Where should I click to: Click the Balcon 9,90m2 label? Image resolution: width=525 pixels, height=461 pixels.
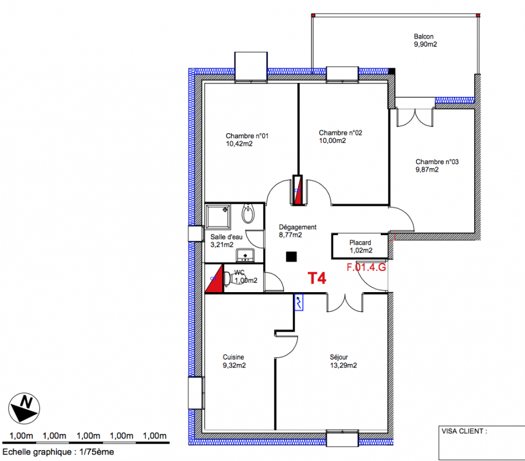[425, 40]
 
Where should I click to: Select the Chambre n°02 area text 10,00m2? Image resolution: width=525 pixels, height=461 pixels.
[332, 141]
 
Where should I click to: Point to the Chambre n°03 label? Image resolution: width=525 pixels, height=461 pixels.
[437, 165]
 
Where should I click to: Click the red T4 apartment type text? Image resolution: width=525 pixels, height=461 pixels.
[317, 278]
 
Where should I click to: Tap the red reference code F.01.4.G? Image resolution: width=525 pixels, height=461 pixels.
[366, 267]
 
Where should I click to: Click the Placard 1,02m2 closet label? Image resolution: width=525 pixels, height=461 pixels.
[361, 247]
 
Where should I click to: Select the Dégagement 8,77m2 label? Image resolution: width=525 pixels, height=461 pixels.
[297, 231]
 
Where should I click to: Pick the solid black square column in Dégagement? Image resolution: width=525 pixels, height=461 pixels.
[291, 256]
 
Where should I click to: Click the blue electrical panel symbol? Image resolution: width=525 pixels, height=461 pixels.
[299, 303]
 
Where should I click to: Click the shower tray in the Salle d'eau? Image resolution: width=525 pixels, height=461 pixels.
[218, 217]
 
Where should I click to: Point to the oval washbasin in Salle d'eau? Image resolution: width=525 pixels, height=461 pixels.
[248, 213]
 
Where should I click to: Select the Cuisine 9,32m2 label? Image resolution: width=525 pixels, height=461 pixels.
[234, 361]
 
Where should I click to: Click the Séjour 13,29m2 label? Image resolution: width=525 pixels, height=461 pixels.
[343, 361]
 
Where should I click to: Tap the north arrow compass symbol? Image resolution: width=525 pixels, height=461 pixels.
[24, 409]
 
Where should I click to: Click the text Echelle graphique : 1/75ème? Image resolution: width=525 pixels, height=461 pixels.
[58, 452]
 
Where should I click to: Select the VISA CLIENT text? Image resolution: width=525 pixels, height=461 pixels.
[464, 431]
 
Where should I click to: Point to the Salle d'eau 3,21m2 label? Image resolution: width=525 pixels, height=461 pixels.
[226, 241]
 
